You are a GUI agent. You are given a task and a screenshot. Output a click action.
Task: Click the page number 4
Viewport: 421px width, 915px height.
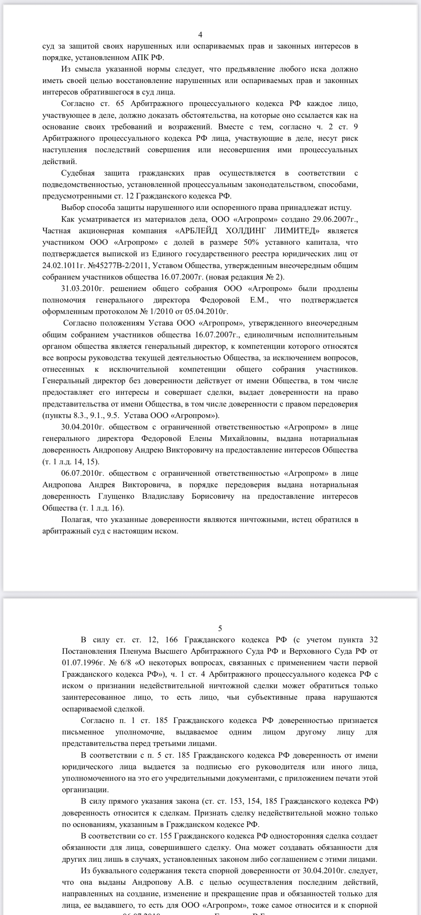coord(200,34)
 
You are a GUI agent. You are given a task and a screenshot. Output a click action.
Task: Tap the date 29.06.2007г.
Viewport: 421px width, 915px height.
coord(335,219)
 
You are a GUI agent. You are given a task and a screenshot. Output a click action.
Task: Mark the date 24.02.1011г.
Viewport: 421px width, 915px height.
coord(59,265)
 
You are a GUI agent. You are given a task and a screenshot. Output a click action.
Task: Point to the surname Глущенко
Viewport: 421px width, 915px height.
coord(116,496)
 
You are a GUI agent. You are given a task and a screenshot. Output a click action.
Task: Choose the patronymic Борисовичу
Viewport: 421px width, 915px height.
coord(213,496)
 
